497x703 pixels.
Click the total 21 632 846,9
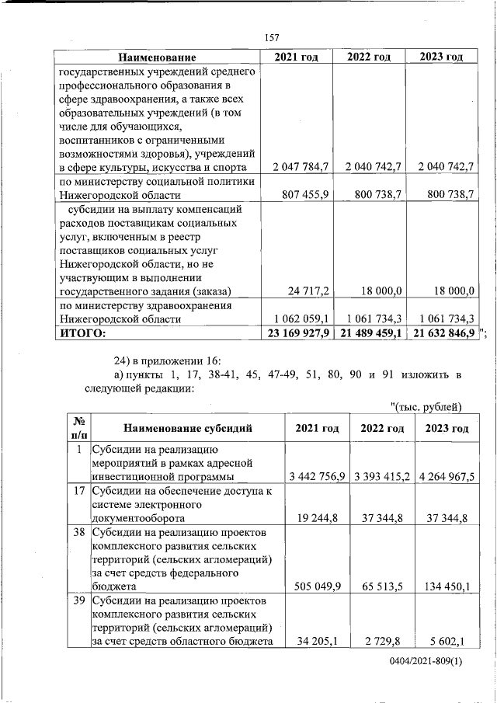[440, 333]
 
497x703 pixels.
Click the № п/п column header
[78, 428]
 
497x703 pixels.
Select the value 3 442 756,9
[315, 476]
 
